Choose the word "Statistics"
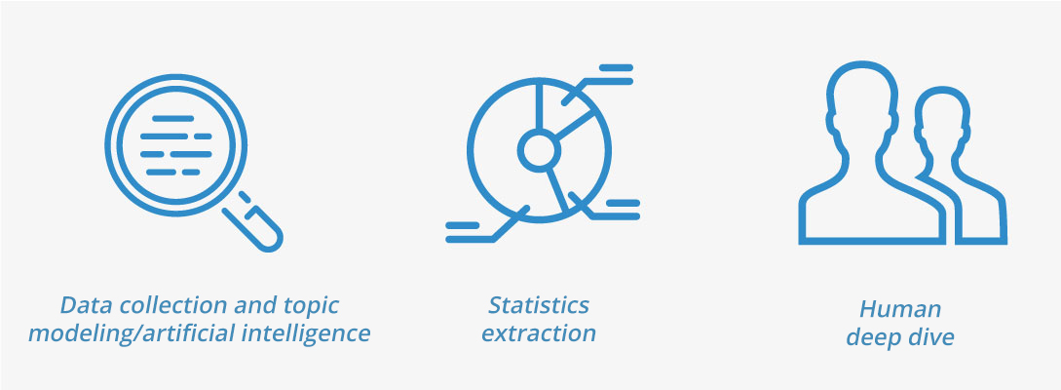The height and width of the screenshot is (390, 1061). pyautogui.click(x=539, y=305)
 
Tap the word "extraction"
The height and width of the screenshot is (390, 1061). pyautogui.click(x=539, y=333)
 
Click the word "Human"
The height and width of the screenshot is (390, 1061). pyautogui.click(x=900, y=309)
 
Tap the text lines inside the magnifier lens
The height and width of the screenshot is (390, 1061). pyautogui.click(x=176, y=145)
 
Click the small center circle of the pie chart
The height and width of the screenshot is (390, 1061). pyautogui.click(x=539, y=150)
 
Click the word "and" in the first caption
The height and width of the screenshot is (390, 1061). pyautogui.click(x=251, y=305)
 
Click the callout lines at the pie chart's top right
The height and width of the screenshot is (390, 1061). pyautogui.click(x=598, y=84)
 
